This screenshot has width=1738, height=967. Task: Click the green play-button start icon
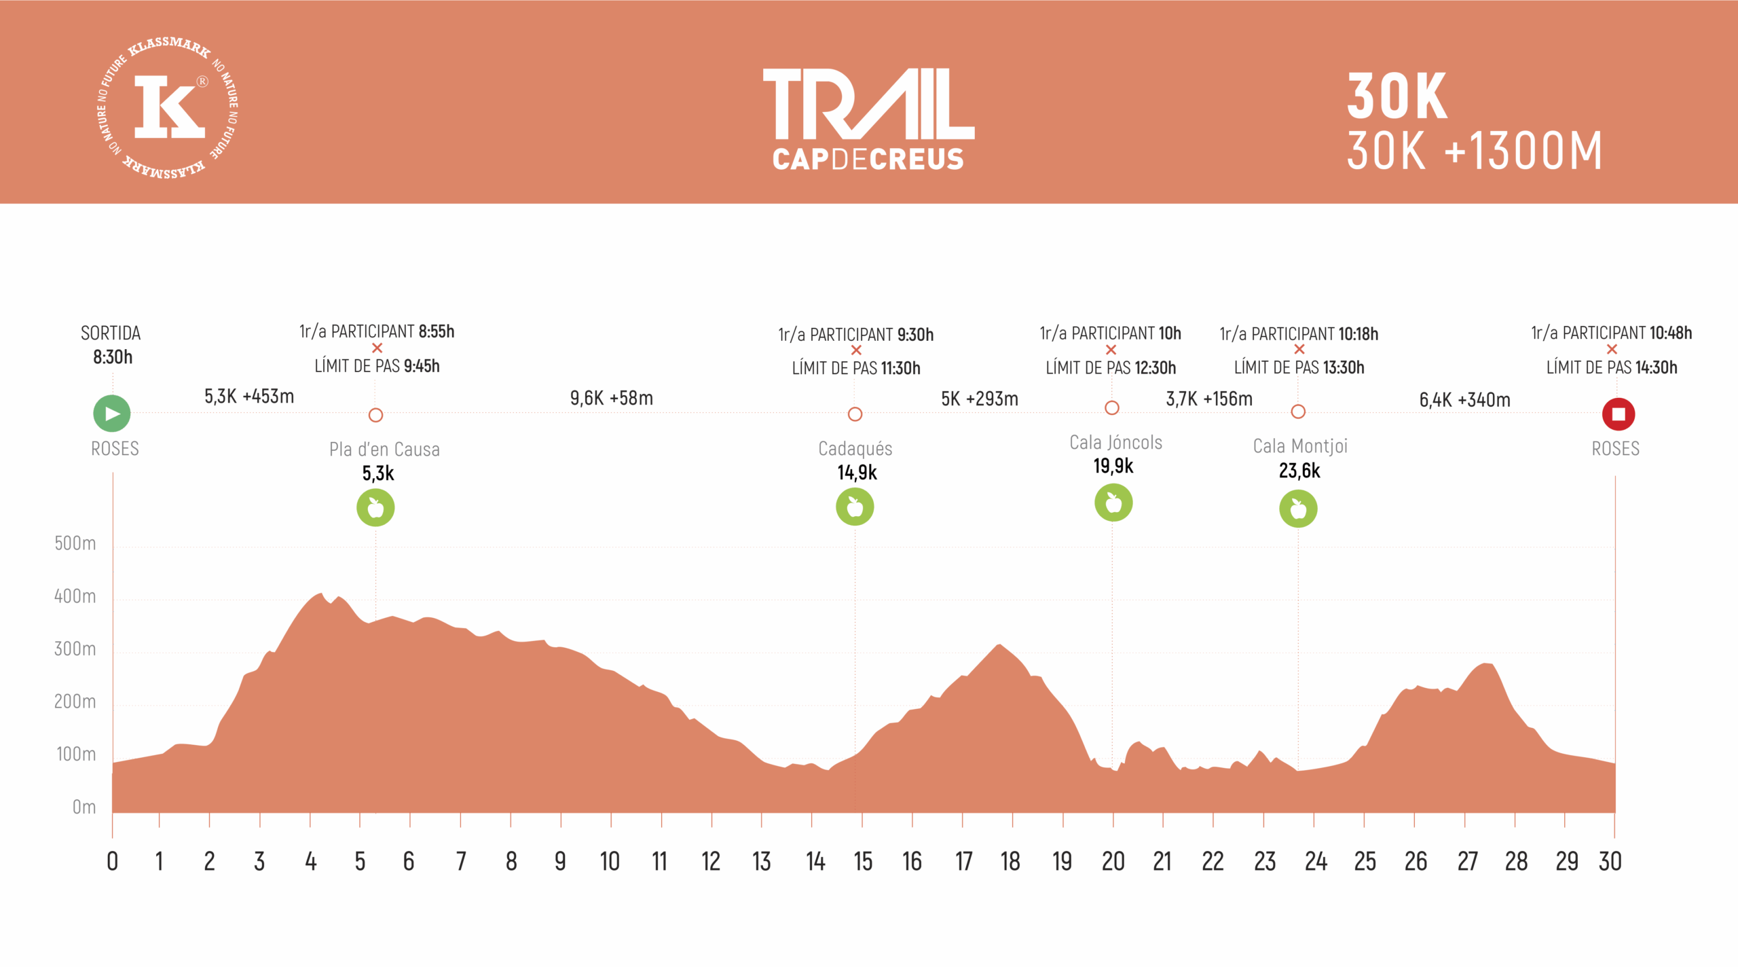[112, 414]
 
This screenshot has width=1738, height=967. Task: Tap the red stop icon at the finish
[1618, 414]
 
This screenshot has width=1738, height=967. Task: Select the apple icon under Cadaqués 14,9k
[855, 507]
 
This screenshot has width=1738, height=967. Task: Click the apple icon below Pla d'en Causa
[375, 508]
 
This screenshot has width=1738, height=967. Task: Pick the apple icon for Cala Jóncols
[1113, 503]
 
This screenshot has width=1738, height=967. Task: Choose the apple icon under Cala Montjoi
[1298, 509]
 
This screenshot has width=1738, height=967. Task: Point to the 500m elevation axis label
[75, 543]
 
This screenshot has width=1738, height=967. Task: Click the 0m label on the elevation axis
[84, 807]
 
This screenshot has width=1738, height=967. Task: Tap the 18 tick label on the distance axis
[1010, 862]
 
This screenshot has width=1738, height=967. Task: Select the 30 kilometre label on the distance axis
[1610, 862]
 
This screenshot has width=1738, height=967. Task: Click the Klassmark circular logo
[168, 107]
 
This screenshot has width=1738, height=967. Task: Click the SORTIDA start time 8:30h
[113, 357]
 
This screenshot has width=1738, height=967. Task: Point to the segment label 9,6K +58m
[611, 398]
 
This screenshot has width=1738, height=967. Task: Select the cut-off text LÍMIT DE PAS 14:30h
[1611, 367]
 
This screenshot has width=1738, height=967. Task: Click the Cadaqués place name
[855, 449]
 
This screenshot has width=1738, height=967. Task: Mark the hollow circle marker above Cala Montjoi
[1298, 412]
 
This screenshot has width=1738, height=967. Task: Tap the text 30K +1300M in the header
[1474, 151]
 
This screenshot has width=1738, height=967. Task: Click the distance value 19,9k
[1113, 467]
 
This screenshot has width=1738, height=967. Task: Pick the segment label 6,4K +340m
[1464, 400]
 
